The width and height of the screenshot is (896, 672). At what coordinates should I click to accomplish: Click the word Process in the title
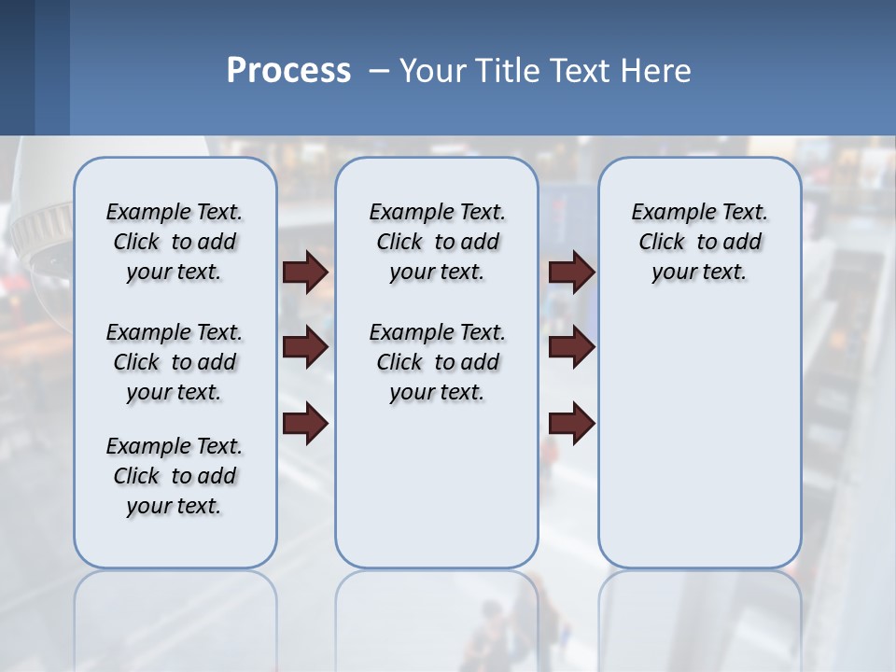coord(288,71)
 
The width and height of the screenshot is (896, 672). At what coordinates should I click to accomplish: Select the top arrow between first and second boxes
coord(305,272)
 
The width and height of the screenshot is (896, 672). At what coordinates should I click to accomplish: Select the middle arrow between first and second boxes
coord(305,348)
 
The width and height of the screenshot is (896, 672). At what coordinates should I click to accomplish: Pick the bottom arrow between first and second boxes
coord(305,424)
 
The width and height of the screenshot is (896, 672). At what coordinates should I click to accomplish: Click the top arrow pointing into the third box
coord(572,272)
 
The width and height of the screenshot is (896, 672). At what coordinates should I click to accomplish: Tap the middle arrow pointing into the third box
coord(572,348)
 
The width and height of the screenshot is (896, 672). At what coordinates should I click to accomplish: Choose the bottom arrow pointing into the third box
coord(572,424)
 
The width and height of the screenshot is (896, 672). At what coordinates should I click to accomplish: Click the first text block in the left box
coord(175,242)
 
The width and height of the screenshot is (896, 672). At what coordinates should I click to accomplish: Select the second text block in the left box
coord(175,362)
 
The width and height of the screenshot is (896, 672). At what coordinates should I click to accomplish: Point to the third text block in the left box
coord(175,476)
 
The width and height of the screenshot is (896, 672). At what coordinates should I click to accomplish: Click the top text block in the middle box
coord(437,242)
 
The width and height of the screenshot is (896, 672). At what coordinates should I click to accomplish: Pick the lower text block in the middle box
coord(437,362)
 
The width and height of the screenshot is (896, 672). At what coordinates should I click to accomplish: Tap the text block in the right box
coord(699,242)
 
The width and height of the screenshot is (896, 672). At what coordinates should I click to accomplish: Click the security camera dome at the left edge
coord(37,233)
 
